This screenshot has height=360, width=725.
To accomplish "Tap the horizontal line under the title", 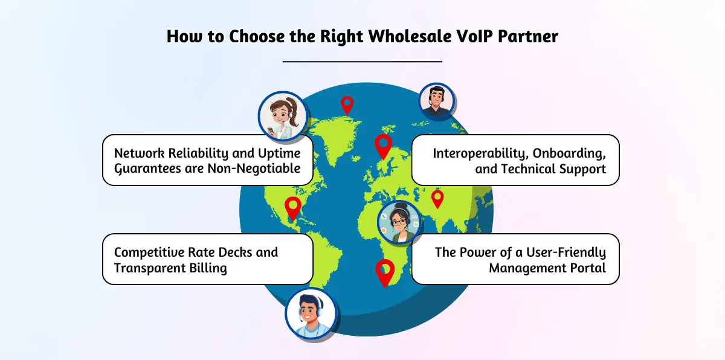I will pyautogui.click(x=362, y=62).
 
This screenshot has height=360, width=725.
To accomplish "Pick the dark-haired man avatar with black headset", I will pyautogui.click(x=436, y=101).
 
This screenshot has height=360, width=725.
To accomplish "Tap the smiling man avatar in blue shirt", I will pyautogui.click(x=311, y=313).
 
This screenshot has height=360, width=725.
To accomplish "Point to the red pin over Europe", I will pyautogui.click(x=383, y=146).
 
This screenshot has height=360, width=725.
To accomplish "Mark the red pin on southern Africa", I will pyautogui.click(x=384, y=272).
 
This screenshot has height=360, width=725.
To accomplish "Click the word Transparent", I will pyautogui.click(x=149, y=268).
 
